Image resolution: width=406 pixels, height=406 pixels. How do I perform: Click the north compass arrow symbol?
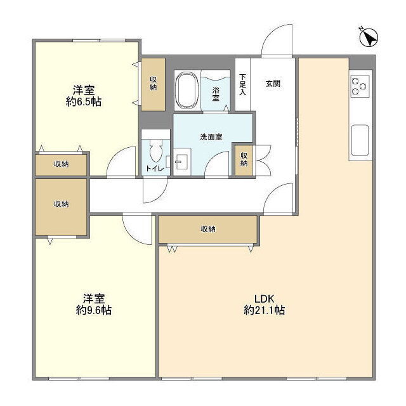click(x=369, y=37)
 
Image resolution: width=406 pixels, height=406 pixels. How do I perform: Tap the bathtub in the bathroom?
click(x=187, y=90)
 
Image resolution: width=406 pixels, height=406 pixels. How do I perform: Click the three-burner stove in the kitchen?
click(x=360, y=86)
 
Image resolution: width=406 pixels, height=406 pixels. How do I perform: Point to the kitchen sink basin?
click(x=360, y=140)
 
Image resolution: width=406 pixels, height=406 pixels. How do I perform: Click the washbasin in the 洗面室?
click(x=182, y=162)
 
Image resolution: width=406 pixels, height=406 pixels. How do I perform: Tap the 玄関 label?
click(x=273, y=84)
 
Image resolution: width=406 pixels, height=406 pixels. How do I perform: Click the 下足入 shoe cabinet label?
click(x=242, y=84)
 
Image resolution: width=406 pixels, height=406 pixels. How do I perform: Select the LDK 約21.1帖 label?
click(x=264, y=304)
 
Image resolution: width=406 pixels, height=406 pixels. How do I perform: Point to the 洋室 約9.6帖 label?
click(x=94, y=304)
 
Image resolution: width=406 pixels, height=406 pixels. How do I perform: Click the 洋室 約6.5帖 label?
click(x=83, y=96)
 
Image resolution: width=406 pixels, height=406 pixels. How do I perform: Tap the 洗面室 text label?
click(x=211, y=137)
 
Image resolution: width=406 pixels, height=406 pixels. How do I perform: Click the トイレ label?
click(x=155, y=169)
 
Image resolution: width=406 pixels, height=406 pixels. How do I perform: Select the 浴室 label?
click(x=216, y=94)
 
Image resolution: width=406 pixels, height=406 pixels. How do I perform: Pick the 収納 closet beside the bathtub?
click(x=153, y=84)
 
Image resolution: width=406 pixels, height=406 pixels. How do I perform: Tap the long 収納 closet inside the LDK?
click(x=207, y=229)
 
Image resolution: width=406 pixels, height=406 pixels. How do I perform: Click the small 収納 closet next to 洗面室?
click(x=244, y=160)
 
